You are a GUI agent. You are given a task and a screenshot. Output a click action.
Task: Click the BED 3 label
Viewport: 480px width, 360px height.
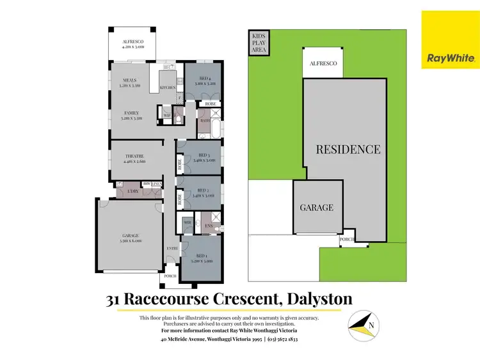[x=204, y=155]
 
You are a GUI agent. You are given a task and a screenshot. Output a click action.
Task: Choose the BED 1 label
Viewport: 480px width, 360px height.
[x=202, y=258]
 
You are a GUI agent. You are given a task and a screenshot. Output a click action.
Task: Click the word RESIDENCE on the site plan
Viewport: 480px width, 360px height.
[x=349, y=150]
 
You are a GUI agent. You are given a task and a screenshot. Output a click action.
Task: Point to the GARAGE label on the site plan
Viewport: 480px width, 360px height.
[x=317, y=208]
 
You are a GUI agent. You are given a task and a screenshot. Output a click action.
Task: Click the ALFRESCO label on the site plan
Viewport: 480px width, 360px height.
[x=323, y=64]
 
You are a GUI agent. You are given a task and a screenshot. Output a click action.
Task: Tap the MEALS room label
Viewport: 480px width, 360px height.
[x=131, y=81]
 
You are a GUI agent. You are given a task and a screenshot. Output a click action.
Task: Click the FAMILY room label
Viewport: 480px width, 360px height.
[x=132, y=113]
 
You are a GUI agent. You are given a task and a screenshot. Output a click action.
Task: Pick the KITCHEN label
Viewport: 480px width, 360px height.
[x=167, y=87]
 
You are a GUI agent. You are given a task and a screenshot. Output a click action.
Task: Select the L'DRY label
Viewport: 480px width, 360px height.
[x=133, y=191]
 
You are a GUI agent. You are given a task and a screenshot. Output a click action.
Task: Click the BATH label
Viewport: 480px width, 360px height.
[x=205, y=120]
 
